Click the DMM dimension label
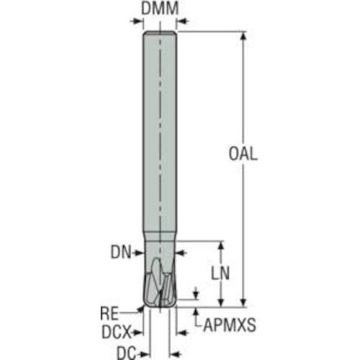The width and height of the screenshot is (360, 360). [160, 9]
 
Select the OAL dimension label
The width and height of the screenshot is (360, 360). [243, 154]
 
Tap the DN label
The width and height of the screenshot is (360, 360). [121, 253]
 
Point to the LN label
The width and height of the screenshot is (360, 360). [220, 273]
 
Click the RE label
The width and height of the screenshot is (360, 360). [109, 313]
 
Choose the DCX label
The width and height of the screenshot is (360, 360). [117, 332]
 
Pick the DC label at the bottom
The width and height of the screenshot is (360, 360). [126, 354]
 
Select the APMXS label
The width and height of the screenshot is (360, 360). [230, 325]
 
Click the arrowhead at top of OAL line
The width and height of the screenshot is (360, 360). [243, 35]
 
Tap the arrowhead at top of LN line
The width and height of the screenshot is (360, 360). [221, 245]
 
